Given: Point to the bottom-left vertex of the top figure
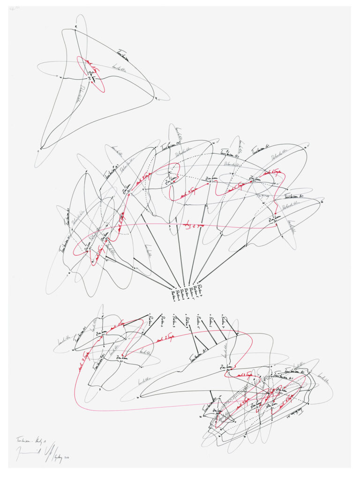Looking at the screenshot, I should (x=41, y=148).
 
